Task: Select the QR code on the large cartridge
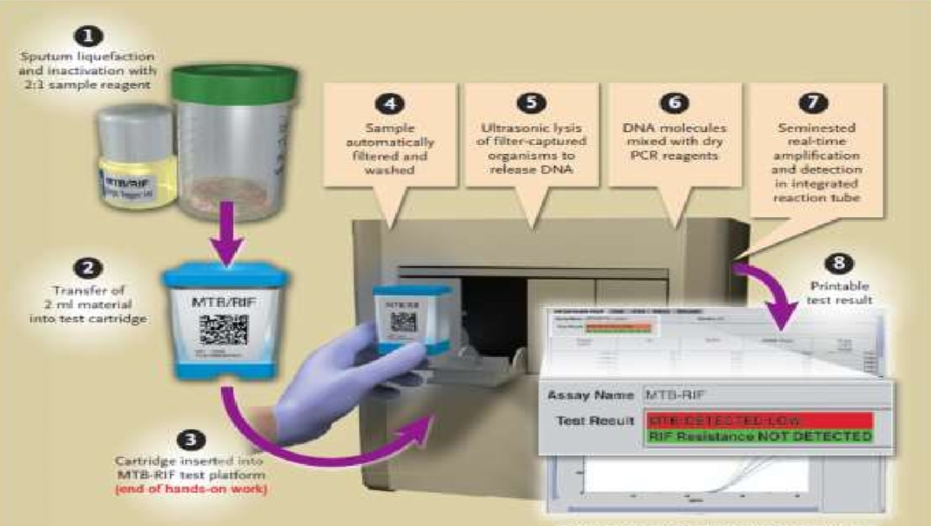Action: [x=223, y=329]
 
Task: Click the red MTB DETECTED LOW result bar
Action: [x=757, y=421]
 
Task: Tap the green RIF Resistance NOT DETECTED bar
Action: [x=757, y=437]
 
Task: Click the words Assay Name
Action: [x=590, y=396]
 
